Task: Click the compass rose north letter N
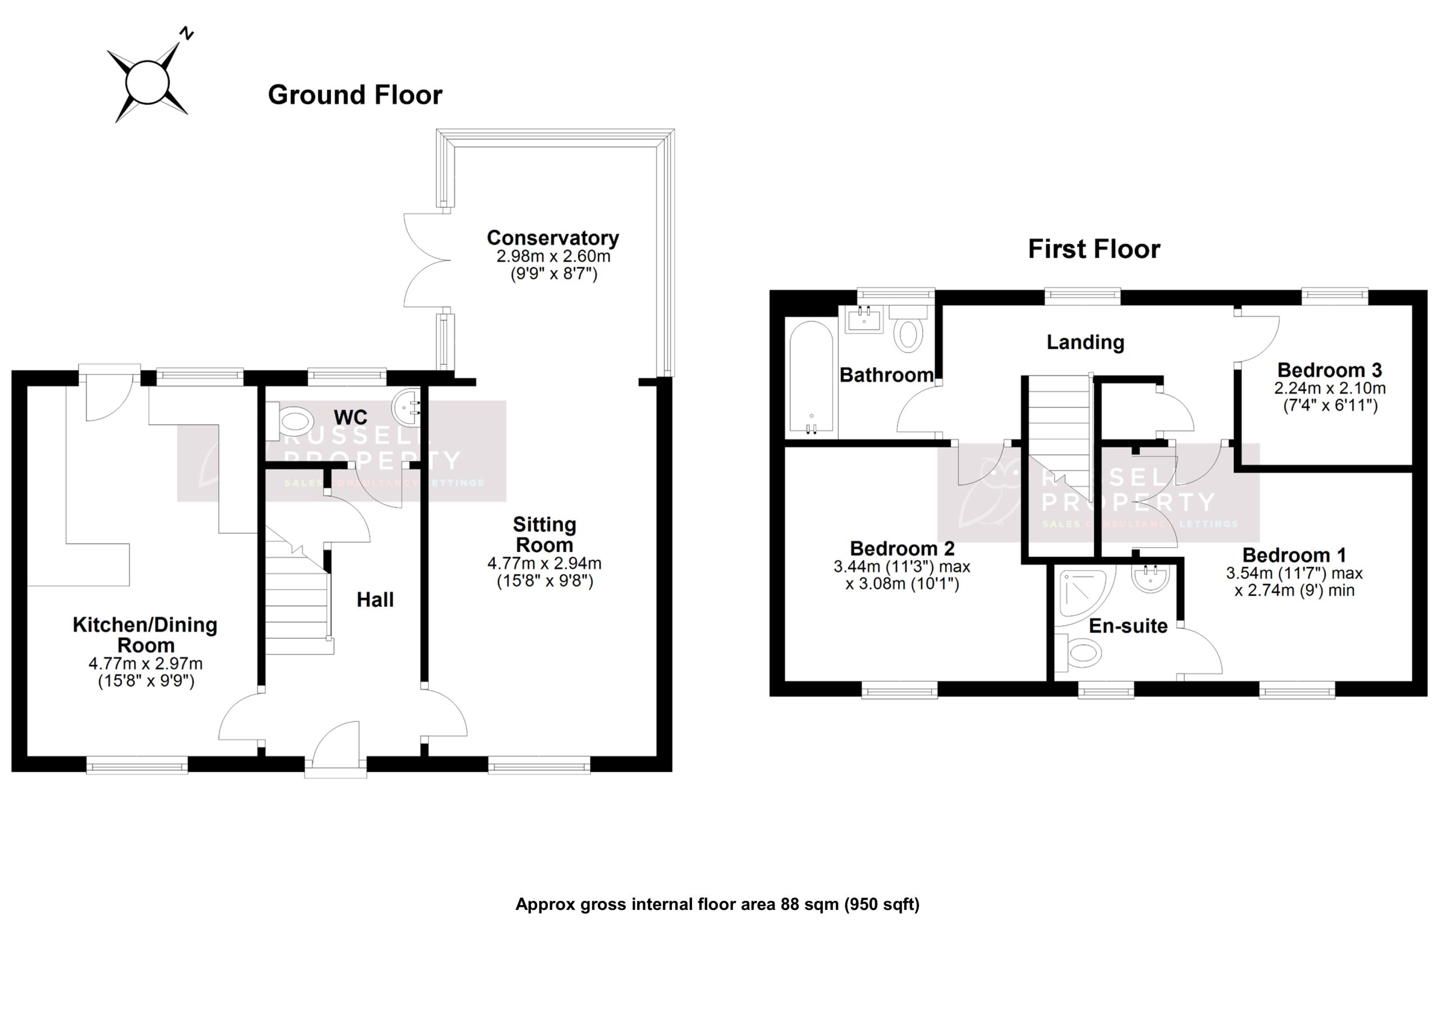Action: (x=186, y=34)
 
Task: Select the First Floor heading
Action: (x=1093, y=249)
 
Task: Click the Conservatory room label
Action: (x=553, y=238)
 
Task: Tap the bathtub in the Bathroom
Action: (x=811, y=377)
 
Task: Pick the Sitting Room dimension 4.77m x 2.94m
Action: (x=544, y=564)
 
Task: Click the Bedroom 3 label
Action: (x=1329, y=370)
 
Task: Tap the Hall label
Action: (x=375, y=599)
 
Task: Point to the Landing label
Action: (x=1085, y=342)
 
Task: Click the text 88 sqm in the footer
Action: (x=809, y=904)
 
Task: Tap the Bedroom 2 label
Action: (x=902, y=548)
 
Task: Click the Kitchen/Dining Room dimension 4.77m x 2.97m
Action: (x=145, y=663)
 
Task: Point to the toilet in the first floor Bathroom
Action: (x=909, y=333)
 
